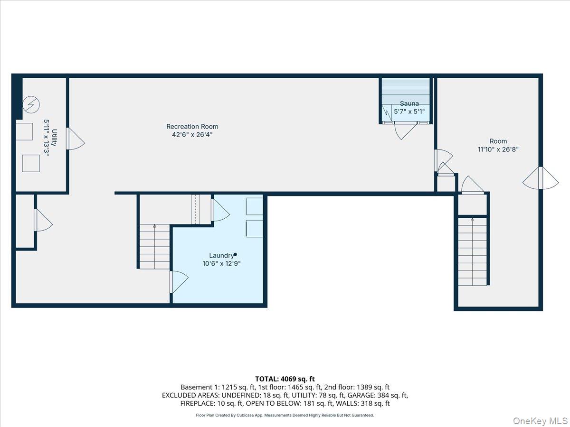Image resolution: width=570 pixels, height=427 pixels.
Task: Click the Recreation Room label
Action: point(192,127)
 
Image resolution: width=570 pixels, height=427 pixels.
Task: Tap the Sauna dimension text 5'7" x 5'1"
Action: point(409,111)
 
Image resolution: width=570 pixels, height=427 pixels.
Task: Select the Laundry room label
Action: point(221,256)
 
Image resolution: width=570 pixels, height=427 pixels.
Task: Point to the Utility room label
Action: point(54,138)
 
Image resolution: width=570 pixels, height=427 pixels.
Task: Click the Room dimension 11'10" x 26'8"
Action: point(498,149)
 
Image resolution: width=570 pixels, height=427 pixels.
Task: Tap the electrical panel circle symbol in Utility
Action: point(31,105)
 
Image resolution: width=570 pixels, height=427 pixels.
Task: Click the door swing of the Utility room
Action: point(76,139)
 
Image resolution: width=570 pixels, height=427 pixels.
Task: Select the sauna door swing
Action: point(406,131)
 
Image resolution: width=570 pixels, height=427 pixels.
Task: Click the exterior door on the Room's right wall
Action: point(541,178)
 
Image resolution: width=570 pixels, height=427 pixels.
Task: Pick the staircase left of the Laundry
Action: point(154,247)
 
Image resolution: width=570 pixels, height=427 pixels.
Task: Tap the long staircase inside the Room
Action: point(472,252)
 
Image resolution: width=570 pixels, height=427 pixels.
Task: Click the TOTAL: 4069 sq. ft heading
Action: point(285,379)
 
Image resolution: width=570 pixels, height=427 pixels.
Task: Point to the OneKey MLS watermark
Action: point(541,420)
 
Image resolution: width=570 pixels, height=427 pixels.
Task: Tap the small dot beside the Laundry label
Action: point(235,254)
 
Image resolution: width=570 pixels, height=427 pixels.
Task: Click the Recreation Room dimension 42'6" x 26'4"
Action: point(192,135)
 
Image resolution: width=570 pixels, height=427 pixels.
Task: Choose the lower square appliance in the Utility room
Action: point(31,163)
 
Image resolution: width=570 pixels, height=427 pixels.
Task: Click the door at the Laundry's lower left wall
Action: point(179,282)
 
